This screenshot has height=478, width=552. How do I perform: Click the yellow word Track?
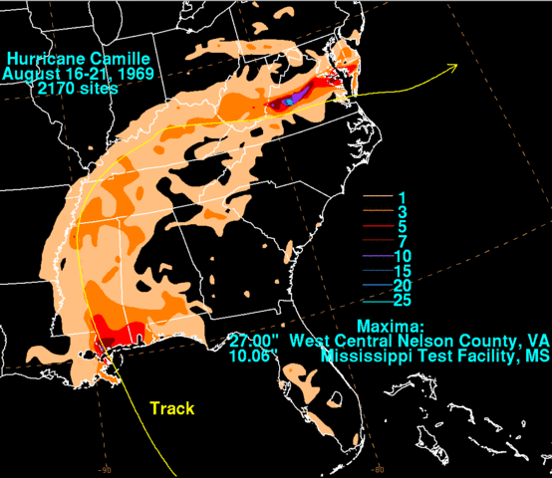(x=171, y=408)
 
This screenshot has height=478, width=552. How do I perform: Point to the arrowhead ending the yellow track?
(x=453, y=67)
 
